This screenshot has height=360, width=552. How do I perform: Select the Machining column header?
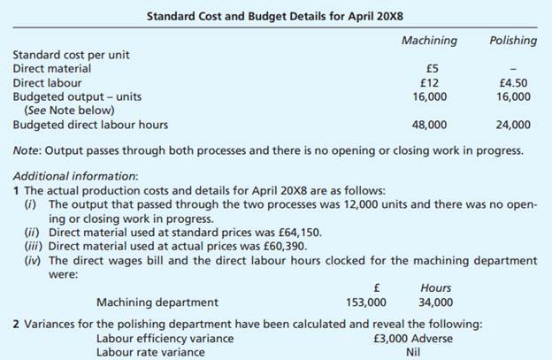(x=429, y=41)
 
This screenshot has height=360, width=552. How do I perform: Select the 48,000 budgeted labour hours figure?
(x=429, y=125)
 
